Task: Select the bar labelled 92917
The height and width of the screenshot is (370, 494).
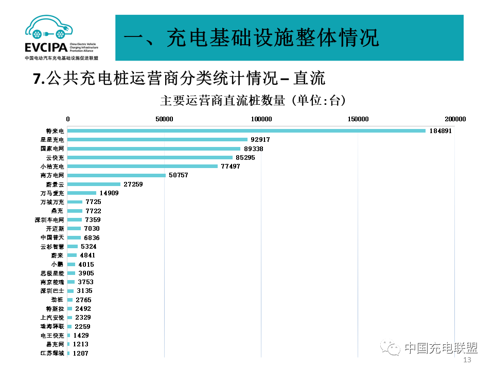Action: click(x=157, y=140)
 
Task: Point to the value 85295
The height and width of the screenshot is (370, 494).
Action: click(x=244, y=157)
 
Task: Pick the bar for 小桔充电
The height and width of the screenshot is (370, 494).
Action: click(x=142, y=166)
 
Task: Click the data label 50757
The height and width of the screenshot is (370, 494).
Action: click(x=179, y=175)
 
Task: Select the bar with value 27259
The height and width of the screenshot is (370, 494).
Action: click(x=94, y=184)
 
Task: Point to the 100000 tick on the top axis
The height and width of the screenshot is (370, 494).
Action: click(x=261, y=119)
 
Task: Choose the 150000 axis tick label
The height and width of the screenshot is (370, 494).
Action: click(x=358, y=119)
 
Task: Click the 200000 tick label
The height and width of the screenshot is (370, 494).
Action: click(x=455, y=119)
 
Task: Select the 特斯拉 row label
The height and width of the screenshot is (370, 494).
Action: click(x=55, y=309)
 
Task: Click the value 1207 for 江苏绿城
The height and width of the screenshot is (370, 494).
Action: click(x=81, y=354)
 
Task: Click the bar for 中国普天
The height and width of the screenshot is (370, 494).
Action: click(x=74, y=237)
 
